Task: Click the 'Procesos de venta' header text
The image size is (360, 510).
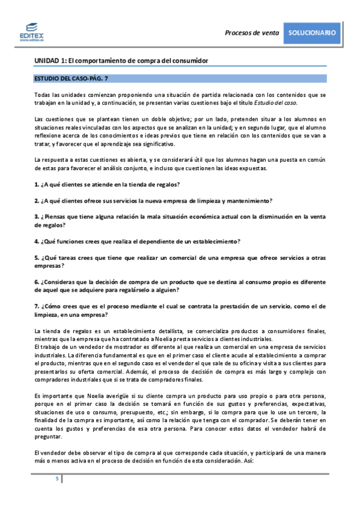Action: tap(252, 33)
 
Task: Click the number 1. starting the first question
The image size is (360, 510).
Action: tap(37, 183)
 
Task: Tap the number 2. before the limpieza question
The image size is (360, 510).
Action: tap(37, 200)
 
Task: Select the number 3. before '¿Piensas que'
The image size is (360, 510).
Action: tap(37, 216)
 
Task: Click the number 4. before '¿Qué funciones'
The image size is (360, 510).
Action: tap(37, 241)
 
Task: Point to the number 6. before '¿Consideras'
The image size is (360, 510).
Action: tap(37, 281)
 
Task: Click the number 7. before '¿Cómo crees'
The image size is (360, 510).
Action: tap(37, 306)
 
